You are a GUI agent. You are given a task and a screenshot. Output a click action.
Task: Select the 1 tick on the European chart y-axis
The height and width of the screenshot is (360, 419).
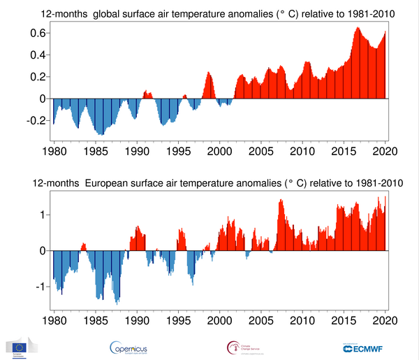click(x=45, y=214)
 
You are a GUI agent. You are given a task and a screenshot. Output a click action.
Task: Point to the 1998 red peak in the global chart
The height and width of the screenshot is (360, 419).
click(x=208, y=73)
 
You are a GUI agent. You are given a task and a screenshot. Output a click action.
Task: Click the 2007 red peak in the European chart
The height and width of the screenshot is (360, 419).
click(x=281, y=201)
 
